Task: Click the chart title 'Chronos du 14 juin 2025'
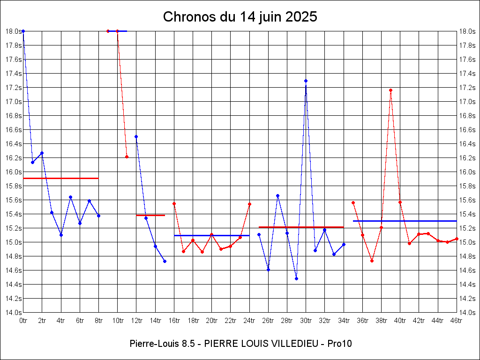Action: [240, 17]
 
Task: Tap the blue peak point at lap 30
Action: [306, 81]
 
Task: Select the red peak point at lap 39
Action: [390, 90]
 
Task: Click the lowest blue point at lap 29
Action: [296, 278]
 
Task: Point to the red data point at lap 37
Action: [372, 261]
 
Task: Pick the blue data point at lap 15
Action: [165, 261]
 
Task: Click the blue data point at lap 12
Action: [136, 136]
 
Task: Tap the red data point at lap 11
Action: [127, 157]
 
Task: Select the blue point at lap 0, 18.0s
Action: [23, 31]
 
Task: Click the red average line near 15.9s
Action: [61, 178]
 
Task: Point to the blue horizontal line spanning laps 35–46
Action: [405, 221]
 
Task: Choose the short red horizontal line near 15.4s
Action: [150, 215]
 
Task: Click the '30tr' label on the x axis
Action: [306, 321]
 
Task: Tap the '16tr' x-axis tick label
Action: [174, 321]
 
